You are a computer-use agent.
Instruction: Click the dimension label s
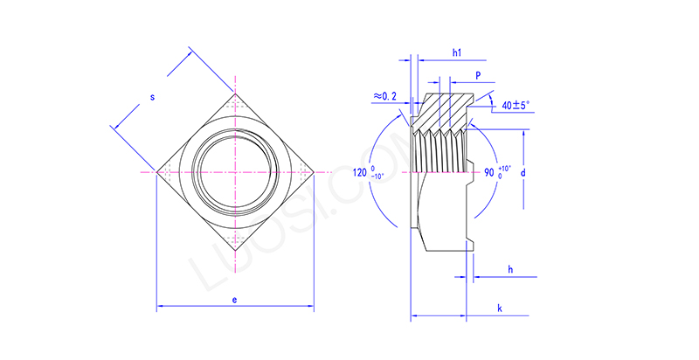(x=152, y=97)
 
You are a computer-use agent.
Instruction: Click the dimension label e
(x=234, y=299)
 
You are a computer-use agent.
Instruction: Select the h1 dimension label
(x=456, y=53)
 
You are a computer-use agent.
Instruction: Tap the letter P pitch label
(x=478, y=77)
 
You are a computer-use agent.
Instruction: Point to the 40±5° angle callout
(x=516, y=105)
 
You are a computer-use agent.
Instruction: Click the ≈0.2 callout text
(x=382, y=95)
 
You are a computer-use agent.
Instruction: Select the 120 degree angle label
(x=362, y=173)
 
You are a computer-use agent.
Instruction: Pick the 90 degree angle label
(x=490, y=172)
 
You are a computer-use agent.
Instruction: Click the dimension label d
(x=523, y=173)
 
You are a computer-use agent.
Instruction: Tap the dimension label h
(x=509, y=270)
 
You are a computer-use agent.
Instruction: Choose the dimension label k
(x=499, y=309)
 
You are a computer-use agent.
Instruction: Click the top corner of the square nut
(x=234, y=93)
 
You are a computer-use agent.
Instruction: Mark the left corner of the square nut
(x=156, y=172)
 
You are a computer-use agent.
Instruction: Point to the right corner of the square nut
(x=313, y=172)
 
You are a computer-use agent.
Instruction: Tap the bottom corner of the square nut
(x=234, y=250)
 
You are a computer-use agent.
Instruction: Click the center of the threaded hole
(x=234, y=172)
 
